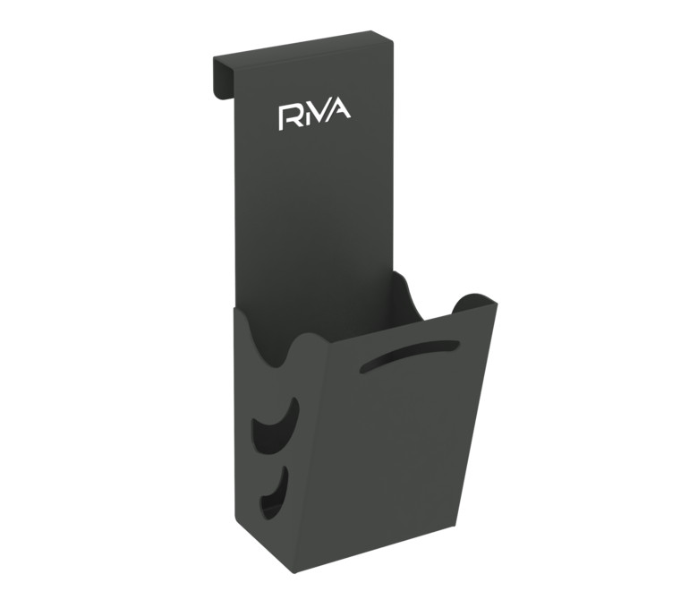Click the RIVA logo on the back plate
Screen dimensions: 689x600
[x=315, y=116]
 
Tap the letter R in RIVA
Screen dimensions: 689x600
[x=287, y=117]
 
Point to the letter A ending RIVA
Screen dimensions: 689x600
[x=340, y=112]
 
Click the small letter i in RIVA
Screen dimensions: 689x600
[x=305, y=118]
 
